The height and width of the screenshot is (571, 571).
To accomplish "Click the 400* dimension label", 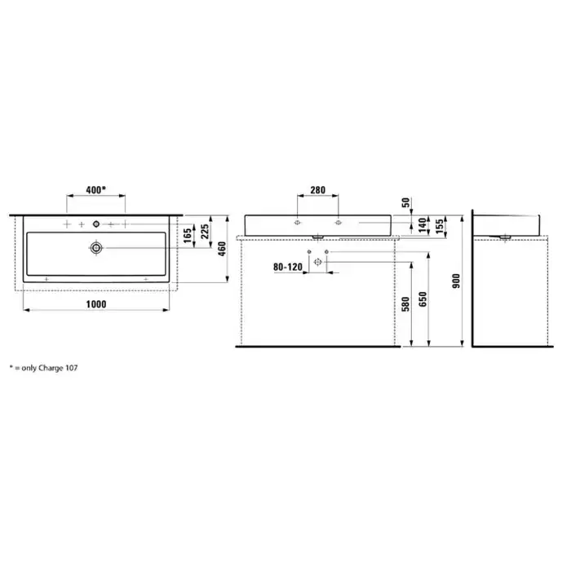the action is pyautogui.click(x=95, y=190).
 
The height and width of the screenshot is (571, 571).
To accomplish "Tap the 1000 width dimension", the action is pyautogui.click(x=96, y=304).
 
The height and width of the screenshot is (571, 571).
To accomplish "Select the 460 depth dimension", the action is pyautogui.click(x=222, y=249).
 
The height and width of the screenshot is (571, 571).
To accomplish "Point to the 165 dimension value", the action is pyautogui.click(x=187, y=236).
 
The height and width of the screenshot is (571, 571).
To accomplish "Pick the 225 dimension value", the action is pyautogui.click(x=205, y=232).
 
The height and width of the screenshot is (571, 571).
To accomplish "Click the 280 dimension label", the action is pyautogui.click(x=318, y=190).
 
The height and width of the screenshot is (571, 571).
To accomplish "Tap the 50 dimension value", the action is pyautogui.click(x=406, y=202).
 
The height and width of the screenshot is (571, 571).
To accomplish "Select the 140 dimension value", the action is pyautogui.click(x=423, y=225).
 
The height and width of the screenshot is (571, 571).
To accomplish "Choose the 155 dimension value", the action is pyautogui.click(x=440, y=226).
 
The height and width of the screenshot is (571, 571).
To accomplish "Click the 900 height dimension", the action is pyautogui.click(x=456, y=281).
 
